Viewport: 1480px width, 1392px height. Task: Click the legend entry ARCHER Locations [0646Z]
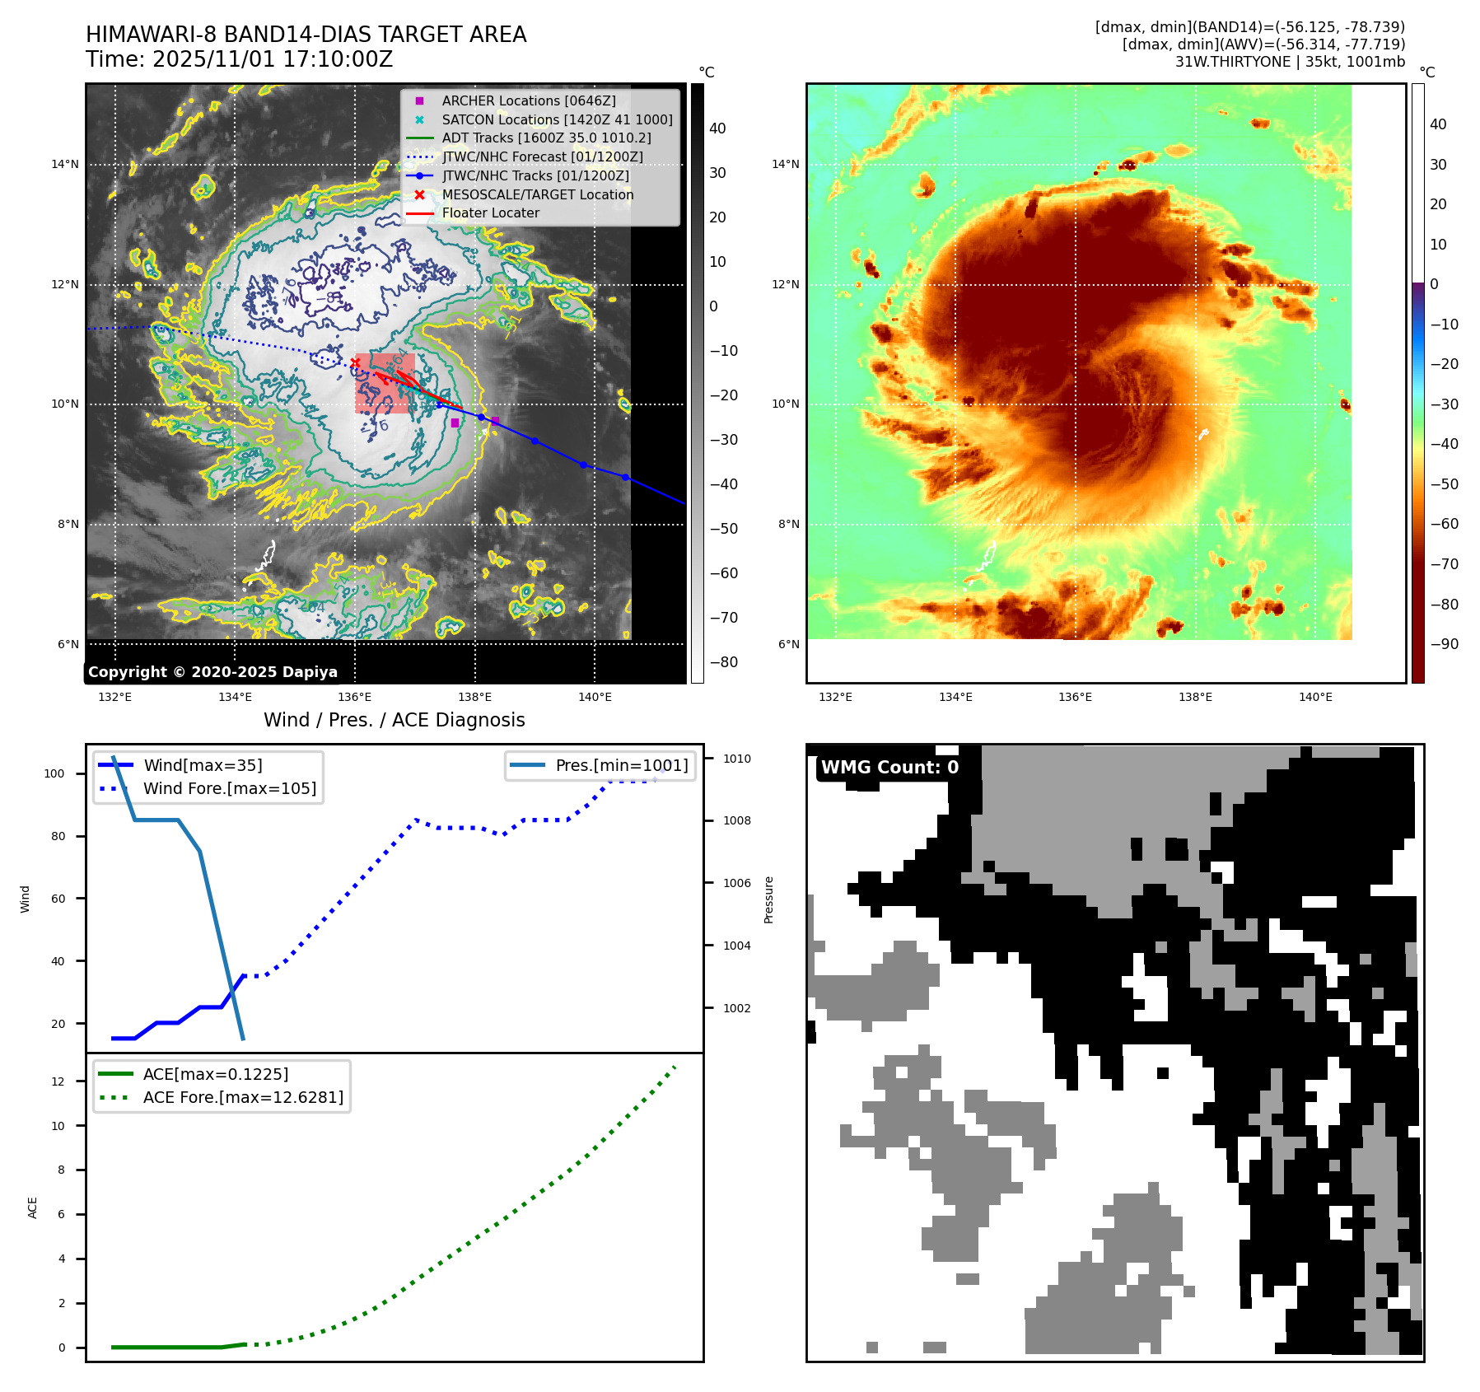tap(528, 100)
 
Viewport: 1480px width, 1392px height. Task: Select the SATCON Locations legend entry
tap(557, 119)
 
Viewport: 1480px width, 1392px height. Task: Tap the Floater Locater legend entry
tap(490, 213)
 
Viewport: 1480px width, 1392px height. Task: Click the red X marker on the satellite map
tap(355, 362)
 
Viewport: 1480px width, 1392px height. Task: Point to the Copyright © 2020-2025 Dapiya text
tap(212, 672)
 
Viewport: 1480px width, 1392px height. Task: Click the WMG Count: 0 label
tap(889, 768)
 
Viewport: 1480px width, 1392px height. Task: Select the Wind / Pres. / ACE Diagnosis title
tap(394, 720)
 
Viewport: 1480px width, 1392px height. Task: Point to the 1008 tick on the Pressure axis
tap(737, 820)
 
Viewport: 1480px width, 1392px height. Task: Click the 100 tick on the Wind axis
tap(54, 773)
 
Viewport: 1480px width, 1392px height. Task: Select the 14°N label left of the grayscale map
tap(65, 164)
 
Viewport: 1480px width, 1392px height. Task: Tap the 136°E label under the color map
tap(1075, 697)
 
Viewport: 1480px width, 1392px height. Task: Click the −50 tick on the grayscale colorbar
tap(724, 529)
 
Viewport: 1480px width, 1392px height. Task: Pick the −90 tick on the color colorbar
tap(1444, 644)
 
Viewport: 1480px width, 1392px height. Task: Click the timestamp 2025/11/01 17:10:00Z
tap(273, 59)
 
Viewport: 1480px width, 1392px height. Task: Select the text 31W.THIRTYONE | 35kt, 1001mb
tap(1290, 62)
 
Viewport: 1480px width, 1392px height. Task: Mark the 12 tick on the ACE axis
tap(58, 1081)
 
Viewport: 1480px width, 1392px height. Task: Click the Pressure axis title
tap(769, 899)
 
